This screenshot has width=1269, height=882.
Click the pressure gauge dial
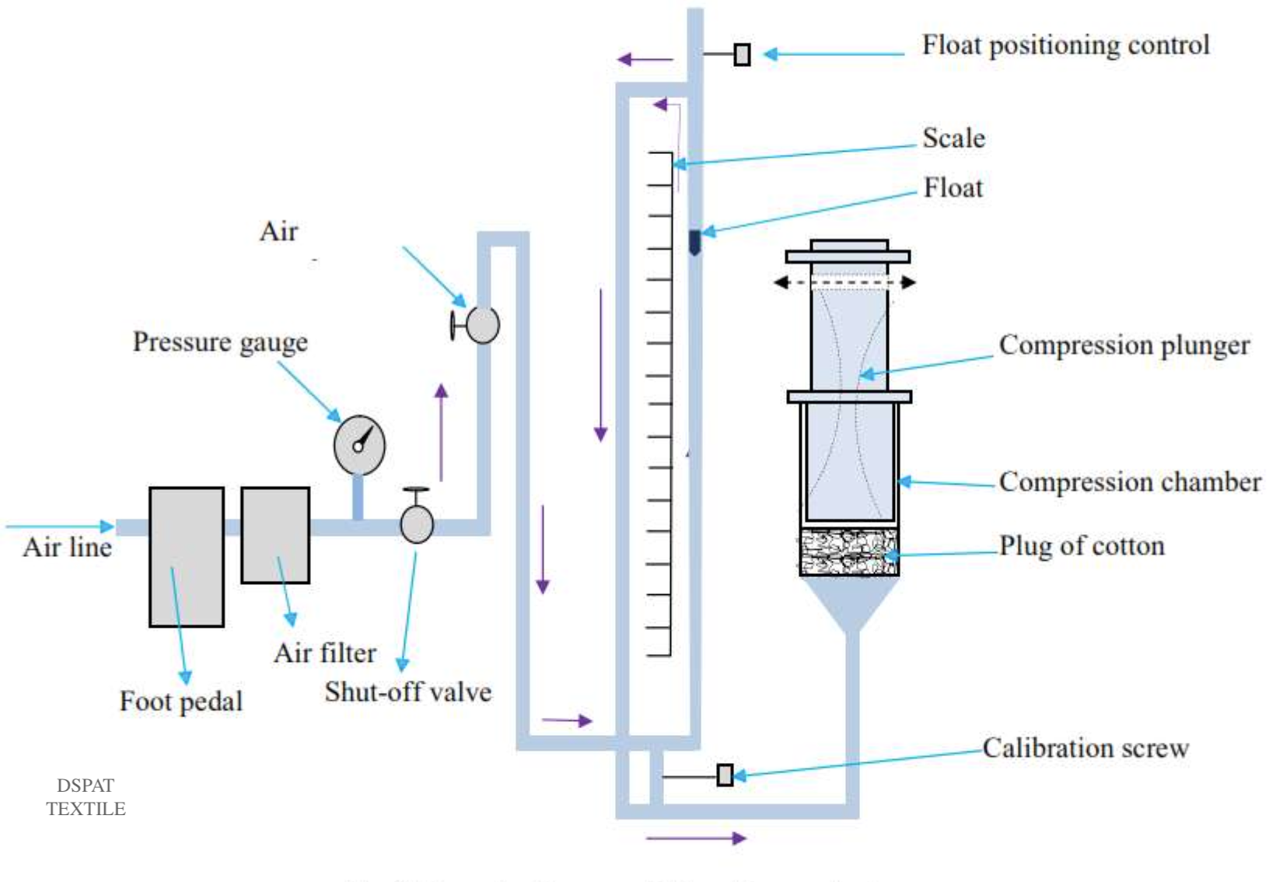pos(359,445)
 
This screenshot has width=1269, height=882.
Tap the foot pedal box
pos(187,556)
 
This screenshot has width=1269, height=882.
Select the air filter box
pos(275,535)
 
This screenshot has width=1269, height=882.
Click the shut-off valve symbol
pos(417,523)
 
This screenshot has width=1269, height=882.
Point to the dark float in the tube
pos(694,242)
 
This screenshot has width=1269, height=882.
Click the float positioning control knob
pos(743,54)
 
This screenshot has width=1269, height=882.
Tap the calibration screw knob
pos(725,775)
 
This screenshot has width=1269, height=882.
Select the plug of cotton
pos(849,551)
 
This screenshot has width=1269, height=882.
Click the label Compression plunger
pos(1124,345)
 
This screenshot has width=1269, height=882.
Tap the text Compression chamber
pos(1129,481)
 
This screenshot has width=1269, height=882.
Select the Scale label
pos(953,138)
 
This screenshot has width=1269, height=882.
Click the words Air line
pos(68,547)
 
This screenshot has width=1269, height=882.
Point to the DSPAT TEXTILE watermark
pos(86,797)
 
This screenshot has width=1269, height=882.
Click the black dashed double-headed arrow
pos(844,282)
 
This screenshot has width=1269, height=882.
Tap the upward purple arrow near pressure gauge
pos(442,432)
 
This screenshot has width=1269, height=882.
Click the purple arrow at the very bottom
pos(696,838)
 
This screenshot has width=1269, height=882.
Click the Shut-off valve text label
pos(408,691)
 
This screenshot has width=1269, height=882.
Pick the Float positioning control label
pos(1065,45)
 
